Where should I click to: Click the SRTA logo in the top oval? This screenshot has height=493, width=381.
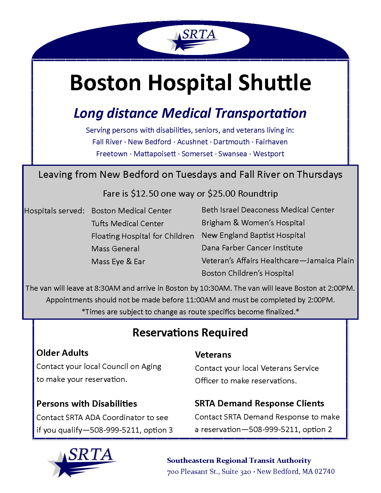[193, 40]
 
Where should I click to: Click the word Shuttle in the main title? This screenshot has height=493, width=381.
[275, 82]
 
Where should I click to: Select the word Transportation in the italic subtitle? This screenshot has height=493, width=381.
[260, 113]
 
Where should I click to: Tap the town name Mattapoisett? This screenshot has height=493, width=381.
[154, 154]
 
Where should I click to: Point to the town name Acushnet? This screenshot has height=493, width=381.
[192, 142]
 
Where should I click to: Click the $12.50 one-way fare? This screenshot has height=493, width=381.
[145, 194]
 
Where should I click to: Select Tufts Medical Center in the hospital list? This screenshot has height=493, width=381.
[128, 223]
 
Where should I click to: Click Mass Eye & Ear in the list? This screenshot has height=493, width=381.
[118, 261]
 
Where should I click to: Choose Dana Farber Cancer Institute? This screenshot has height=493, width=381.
[252, 248]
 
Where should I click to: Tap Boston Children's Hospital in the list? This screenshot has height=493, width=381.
[247, 273]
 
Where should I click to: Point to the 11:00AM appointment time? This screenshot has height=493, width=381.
[200, 300]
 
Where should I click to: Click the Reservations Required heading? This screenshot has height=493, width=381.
[190, 333]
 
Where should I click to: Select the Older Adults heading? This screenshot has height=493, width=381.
[62, 353]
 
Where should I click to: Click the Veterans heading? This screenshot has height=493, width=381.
[213, 355]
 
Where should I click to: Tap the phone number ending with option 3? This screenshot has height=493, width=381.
[114, 430]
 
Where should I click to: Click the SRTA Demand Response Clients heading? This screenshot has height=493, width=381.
[259, 403]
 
